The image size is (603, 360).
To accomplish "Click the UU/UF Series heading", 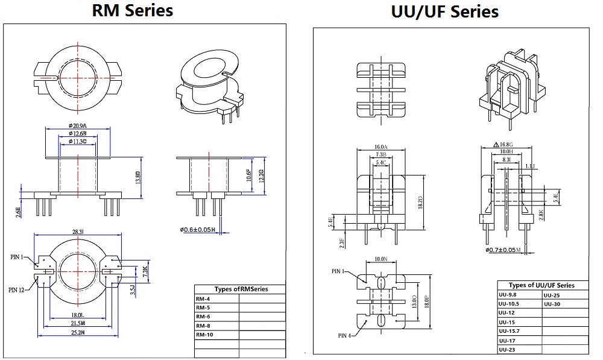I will (x=445, y=11).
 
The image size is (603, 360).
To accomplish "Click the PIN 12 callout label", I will (x=17, y=290).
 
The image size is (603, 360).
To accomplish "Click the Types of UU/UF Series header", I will (x=541, y=285).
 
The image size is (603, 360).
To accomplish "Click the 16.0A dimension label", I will (x=380, y=147).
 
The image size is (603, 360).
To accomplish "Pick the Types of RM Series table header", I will (x=239, y=289).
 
